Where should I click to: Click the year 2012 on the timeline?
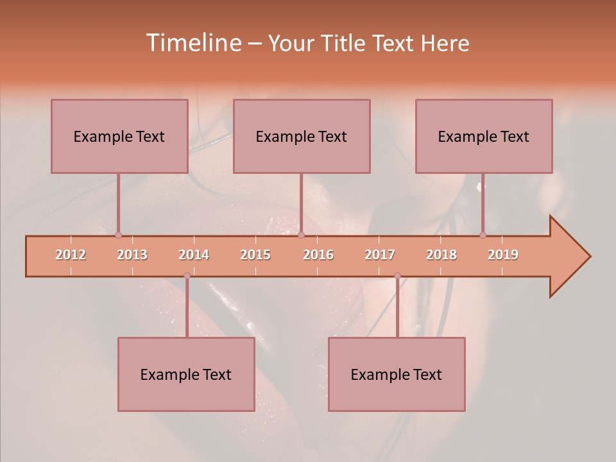(71, 255)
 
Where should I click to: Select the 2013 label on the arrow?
(132, 255)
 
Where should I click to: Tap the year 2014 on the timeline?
(194, 255)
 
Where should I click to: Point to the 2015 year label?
(255, 255)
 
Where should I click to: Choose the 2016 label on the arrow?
(318, 255)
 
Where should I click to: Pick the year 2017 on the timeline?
(380, 255)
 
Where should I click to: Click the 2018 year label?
(441, 255)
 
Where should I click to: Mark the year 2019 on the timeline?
(503, 255)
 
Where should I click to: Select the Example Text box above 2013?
(119, 136)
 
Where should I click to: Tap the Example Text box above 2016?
(302, 136)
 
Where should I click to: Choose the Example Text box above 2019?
(484, 136)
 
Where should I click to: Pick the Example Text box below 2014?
(186, 374)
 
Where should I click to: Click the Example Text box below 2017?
(397, 374)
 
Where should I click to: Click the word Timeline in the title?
(193, 43)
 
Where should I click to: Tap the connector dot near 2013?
(118, 235)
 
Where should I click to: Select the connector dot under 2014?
(187, 275)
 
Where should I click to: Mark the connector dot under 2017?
(397, 275)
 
